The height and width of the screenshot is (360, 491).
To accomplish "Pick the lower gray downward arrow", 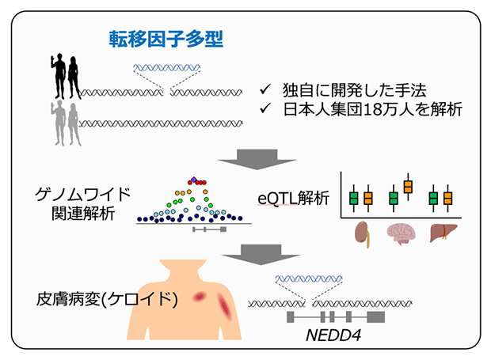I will pos(246,255).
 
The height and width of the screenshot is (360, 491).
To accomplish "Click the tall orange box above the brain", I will pos(408,186).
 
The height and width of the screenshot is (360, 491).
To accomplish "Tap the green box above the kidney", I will pos(354,196).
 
